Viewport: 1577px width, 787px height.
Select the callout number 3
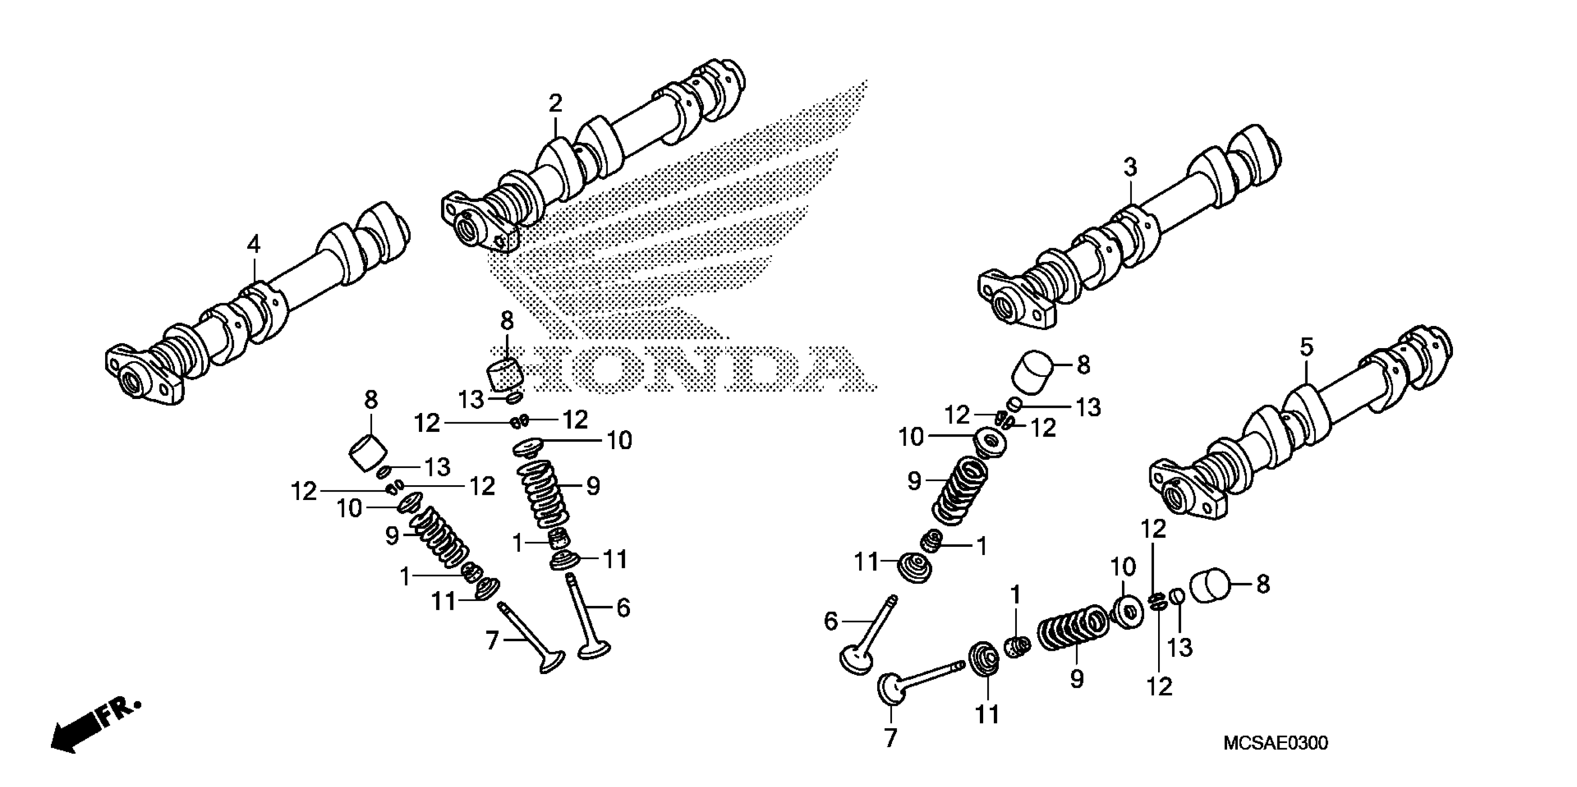(1129, 167)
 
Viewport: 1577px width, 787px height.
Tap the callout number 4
(254, 244)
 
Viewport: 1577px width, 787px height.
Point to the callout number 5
(1306, 347)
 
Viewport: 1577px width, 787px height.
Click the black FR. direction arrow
(80, 732)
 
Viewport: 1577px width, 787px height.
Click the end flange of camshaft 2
(478, 224)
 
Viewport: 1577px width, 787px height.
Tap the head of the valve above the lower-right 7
(890, 688)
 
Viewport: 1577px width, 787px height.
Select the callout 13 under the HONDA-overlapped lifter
(471, 400)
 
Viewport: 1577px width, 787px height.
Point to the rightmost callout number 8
(1263, 584)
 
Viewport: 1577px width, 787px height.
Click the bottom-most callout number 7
(890, 738)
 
